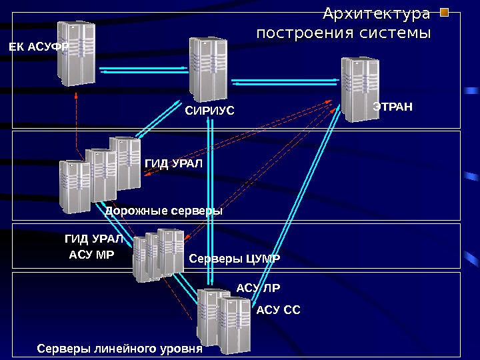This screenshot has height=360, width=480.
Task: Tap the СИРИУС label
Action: click(209, 111)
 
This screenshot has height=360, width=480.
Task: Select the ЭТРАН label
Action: click(393, 106)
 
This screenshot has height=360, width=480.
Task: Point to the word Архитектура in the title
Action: click(377, 13)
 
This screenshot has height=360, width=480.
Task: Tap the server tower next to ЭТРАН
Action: click(360, 87)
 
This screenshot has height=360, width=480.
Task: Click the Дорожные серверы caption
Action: click(163, 211)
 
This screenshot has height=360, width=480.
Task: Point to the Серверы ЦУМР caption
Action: click(235, 258)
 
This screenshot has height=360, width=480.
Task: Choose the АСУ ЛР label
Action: click(259, 288)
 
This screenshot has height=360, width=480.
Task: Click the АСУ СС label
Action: click(279, 309)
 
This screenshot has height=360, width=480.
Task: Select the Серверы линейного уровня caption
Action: click(119, 349)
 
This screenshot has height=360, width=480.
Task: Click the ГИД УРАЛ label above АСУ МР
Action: click(93, 238)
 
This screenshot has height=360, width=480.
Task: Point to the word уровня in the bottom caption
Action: click(181, 349)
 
